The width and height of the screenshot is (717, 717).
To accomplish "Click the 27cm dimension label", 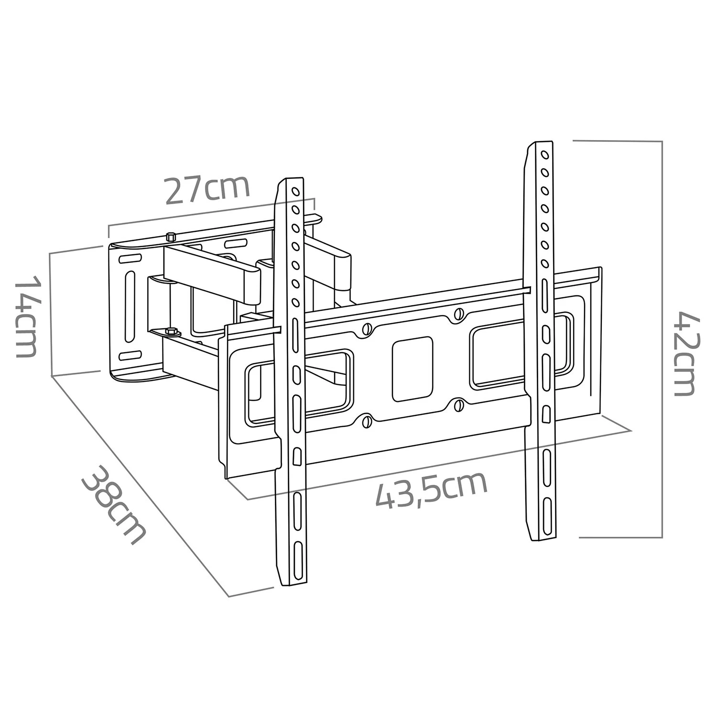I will tap(207, 190).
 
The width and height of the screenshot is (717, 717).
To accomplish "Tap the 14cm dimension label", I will tap(26, 317).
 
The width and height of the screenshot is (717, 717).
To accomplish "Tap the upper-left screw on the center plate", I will tap(367, 329).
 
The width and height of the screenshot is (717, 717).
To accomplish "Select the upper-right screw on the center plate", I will tap(458, 314).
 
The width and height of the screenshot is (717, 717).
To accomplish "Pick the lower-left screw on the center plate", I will tap(367, 421).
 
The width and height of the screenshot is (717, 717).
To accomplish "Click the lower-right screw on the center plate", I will tap(458, 405).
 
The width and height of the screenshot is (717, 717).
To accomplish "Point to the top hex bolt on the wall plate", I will tap(171, 237).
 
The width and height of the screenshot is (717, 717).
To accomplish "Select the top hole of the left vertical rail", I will tap(295, 192).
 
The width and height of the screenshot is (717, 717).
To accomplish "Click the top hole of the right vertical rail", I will tap(543, 154).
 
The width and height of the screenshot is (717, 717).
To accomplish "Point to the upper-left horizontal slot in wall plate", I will tap(130, 259).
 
